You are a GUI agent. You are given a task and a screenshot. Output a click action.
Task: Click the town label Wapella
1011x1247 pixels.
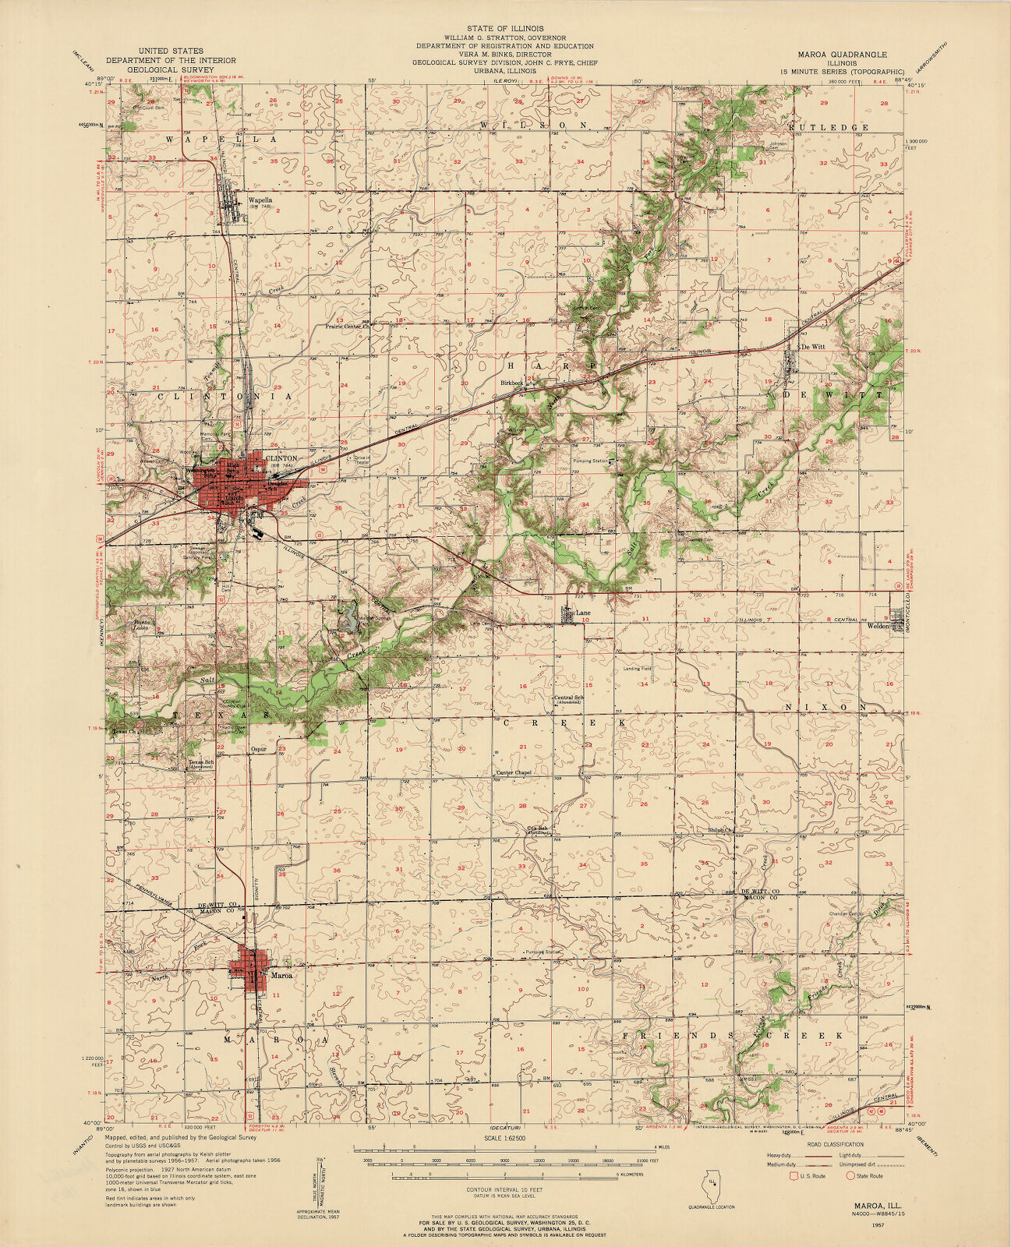pyautogui.click(x=260, y=199)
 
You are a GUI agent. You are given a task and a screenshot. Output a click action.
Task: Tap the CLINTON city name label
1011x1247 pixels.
pyautogui.click(x=281, y=458)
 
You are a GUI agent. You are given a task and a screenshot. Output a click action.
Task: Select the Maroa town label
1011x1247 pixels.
pyautogui.click(x=281, y=974)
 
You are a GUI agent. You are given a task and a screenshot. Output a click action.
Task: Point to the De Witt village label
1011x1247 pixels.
pyautogui.click(x=813, y=346)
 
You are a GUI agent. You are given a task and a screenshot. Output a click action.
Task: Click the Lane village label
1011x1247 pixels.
pyautogui.click(x=582, y=613)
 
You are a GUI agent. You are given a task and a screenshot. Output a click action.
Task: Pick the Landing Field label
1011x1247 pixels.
pyautogui.click(x=637, y=669)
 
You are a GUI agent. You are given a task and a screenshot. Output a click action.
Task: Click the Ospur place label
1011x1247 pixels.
pyautogui.click(x=259, y=749)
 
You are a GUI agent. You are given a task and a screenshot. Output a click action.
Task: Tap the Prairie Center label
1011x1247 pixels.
pyautogui.click(x=346, y=327)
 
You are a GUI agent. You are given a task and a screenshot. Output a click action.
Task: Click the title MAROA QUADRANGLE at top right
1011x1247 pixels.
pyautogui.click(x=842, y=55)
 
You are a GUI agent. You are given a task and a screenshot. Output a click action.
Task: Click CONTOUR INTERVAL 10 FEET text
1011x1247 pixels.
pyautogui.click(x=504, y=1190)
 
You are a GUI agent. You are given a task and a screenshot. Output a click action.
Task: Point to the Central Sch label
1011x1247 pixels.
pyautogui.click(x=568, y=698)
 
